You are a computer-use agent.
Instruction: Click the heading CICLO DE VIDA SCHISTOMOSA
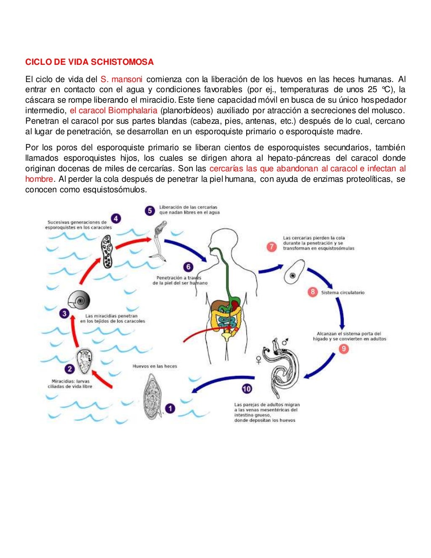pyautogui.click(x=89, y=62)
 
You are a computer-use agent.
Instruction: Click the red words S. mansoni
pyautogui.click(x=121, y=79)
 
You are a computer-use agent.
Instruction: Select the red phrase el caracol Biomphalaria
pyautogui.click(x=113, y=111)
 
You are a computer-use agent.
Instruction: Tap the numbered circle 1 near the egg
pyautogui.click(x=170, y=408)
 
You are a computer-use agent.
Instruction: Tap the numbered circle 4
pyautogui.click(x=116, y=219)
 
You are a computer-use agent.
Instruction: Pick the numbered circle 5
pyautogui.click(x=150, y=210)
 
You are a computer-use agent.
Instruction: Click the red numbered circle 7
pyautogui.click(x=272, y=247)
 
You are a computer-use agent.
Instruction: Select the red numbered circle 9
pyautogui.click(x=344, y=349)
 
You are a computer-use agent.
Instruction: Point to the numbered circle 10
pyautogui.click(x=247, y=389)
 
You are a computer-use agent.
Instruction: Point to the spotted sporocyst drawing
pyautogui.click(x=107, y=251)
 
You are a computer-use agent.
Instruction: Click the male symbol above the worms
pyautogui.click(x=285, y=341)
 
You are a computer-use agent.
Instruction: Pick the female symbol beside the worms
pyautogui.click(x=258, y=360)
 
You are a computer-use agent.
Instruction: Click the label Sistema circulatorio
pyautogui.click(x=343, y=292)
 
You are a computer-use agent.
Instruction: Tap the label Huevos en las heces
pyautogui.click(x=155, y=366)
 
